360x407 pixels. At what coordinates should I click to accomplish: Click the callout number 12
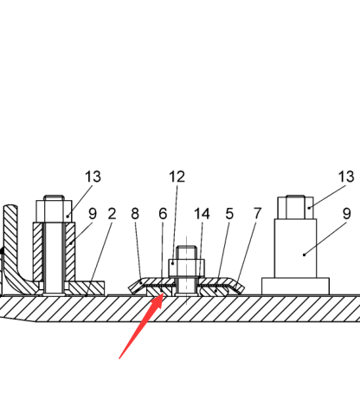coord(177,177)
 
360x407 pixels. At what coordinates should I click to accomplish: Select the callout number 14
coord(202,214)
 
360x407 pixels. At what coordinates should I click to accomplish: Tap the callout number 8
coord(135,214)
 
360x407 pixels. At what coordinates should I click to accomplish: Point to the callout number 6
coord(163,214)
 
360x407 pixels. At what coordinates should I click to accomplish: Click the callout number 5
coord(229,214)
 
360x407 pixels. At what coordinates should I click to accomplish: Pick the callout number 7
coord(257,214)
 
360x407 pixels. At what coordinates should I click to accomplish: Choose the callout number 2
coord(112,214)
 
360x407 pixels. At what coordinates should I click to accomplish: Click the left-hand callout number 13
coord(93,177)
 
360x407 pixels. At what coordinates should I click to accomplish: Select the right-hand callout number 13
coord(346,177)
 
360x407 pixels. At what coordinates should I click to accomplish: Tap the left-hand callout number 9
coord(93,214)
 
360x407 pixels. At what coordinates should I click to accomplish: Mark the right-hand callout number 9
coord(347,214)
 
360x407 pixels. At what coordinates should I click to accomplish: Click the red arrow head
coord(158,300)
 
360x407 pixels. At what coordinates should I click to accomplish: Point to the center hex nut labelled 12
coord(187,268)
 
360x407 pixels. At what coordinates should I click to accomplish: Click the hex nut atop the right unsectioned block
coord(296,208)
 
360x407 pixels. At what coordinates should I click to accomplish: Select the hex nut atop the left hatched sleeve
coord(54,211)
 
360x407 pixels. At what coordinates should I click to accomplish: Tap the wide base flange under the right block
coord(295,287)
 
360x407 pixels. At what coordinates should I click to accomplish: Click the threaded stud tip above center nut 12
coord(187,252)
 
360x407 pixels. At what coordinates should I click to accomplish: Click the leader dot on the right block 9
coord(304,255)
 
